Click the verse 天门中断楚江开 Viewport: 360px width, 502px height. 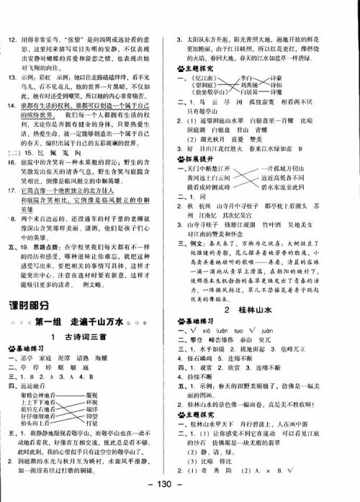click(x=207, y=167)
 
